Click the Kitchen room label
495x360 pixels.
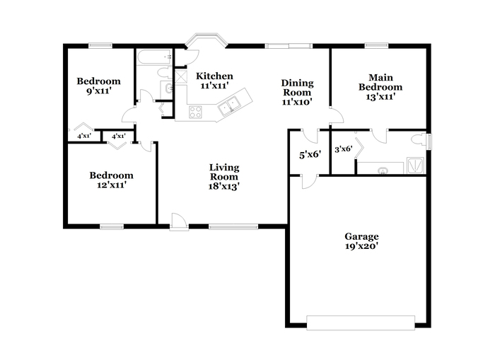(214, 81)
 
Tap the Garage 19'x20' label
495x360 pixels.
(361, 241)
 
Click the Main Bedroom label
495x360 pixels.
(380, 87)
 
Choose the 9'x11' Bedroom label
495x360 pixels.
(98, 86)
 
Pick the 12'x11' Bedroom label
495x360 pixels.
(112, 180)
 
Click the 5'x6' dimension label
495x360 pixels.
(310, 155)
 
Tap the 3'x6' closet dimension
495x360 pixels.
(344, 149)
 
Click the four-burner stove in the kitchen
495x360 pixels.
(195, 112)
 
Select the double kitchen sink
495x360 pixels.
(229, 105)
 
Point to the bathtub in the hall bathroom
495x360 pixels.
(154, 57)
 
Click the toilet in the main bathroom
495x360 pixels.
(419, 139)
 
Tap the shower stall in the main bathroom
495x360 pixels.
(415, 166)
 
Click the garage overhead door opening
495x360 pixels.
(361, 323)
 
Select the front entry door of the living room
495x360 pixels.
(179, 222)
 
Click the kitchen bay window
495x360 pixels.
(206, 40)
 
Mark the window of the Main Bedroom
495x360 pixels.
(376, 46)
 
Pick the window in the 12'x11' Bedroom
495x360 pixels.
(112, 226)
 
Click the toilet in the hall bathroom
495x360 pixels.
(164, 73)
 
